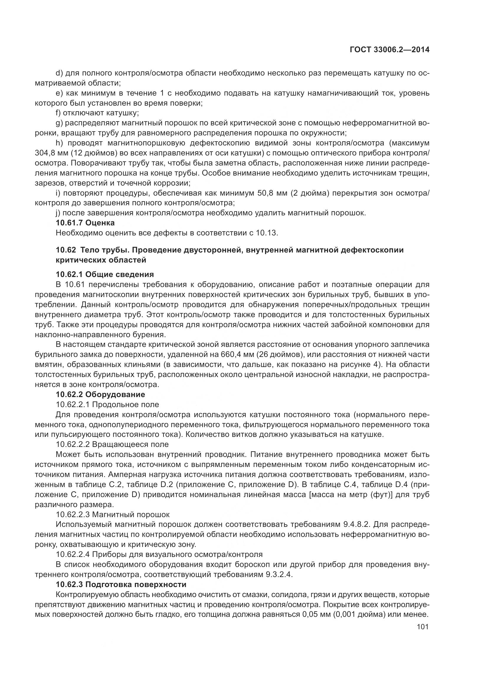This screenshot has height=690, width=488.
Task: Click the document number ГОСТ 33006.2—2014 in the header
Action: (389, 50)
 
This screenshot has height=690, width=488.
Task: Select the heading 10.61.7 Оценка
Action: (85, 223)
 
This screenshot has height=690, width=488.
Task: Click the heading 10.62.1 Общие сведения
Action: (105, 274)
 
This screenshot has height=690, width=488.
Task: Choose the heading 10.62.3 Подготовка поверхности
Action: (121, 584)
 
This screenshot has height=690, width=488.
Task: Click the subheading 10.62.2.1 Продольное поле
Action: (107, 404)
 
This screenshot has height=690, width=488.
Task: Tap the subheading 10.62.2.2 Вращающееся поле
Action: (112, 444)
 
